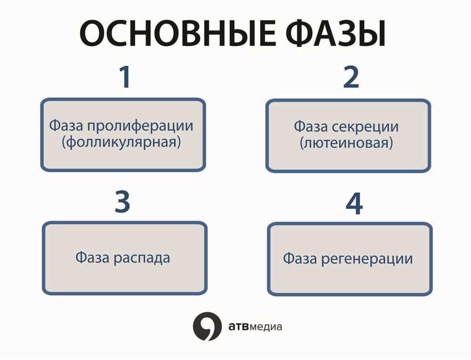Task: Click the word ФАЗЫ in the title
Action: [x=335, y=33]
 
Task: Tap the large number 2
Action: [x=351, y=77]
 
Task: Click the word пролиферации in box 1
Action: [x=140, y=126]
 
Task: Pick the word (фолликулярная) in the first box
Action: [x=122, y=142]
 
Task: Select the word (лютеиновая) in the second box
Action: [x=346, y=143]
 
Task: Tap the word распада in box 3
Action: [x=142, y=258]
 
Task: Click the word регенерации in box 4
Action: [x=367, y=259]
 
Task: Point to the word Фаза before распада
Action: [x=92, y=257]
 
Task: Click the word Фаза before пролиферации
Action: [x=66, y=125]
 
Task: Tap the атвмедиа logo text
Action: [x=255, y=327]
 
